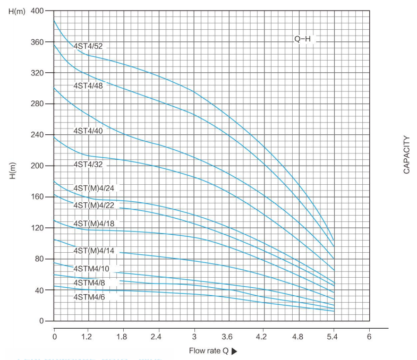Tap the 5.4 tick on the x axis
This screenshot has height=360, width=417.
click(334, 337)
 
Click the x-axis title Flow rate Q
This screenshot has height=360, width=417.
click(209, 351)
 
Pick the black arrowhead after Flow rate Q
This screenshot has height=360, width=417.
click(234, 351)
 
